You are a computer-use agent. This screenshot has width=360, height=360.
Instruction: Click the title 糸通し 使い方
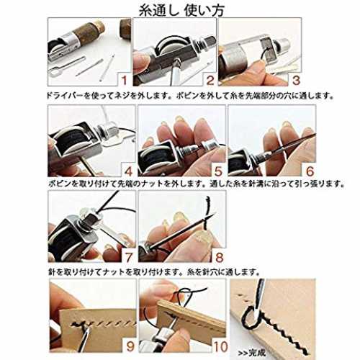[x=181, y=10]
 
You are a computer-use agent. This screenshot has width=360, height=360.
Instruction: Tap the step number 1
[x=124, y=80]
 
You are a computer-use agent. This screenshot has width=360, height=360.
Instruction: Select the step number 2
[x=210, y=80]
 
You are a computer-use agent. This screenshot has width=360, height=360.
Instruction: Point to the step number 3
[x=296, y=80]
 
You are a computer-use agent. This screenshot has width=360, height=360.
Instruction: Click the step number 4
[x=129, y=171]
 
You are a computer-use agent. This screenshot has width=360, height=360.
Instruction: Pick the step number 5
[x=218, y=171]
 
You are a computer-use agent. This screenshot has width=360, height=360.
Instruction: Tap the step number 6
[x=310, y=171]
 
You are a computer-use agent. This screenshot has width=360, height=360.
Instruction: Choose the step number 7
[x=129, y=257]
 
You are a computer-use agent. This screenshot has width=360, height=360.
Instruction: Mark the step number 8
[x=220, y=257]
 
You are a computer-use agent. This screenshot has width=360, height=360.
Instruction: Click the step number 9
[x=130, y=346]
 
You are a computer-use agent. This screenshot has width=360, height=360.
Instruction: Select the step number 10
[x=220, y=346]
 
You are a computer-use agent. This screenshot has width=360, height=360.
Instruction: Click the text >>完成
[x=252, y=353]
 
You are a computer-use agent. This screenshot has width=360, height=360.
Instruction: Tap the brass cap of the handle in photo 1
[x=99, y=27]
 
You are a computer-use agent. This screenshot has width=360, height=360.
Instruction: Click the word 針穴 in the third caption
[x=214, y=272]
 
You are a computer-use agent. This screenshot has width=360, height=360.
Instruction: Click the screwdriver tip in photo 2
[x=177, y=60]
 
